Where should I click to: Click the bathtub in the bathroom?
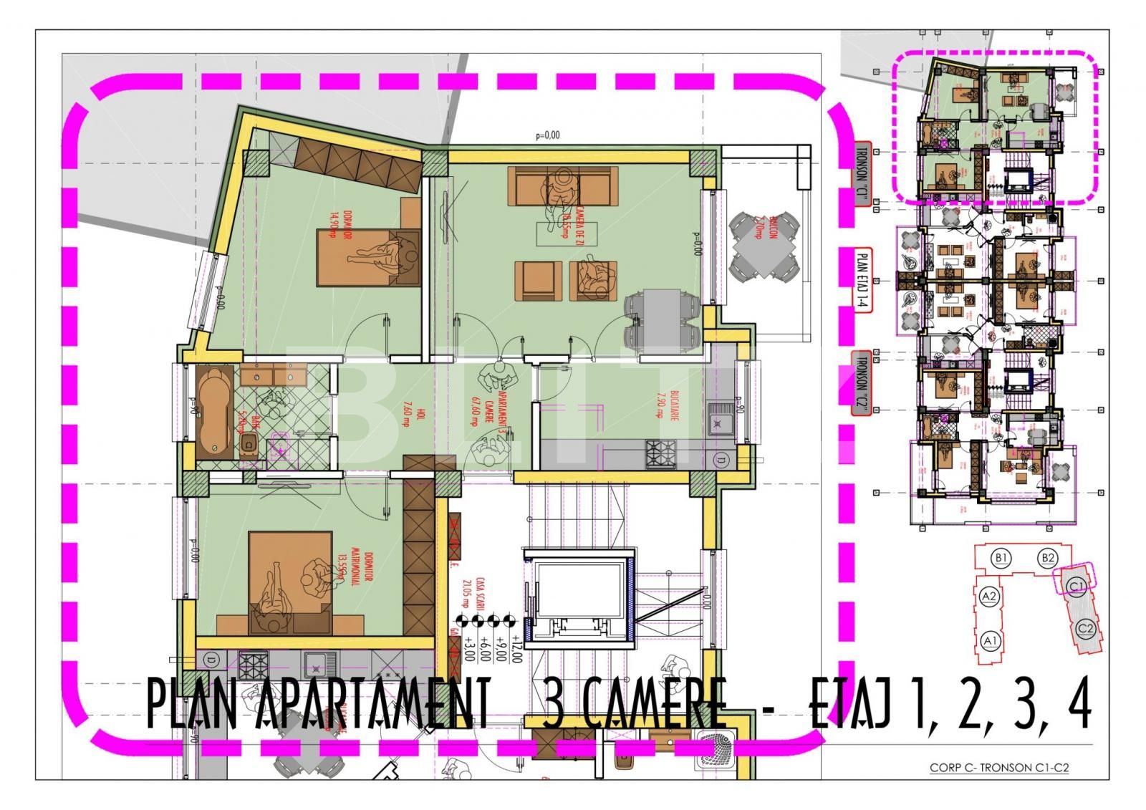pyautogui.click(x=213, y=412)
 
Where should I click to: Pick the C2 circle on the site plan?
pyautogui.click(x=1086, y=629)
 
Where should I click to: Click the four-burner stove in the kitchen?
pyautogui.click(x=661, y=453)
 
